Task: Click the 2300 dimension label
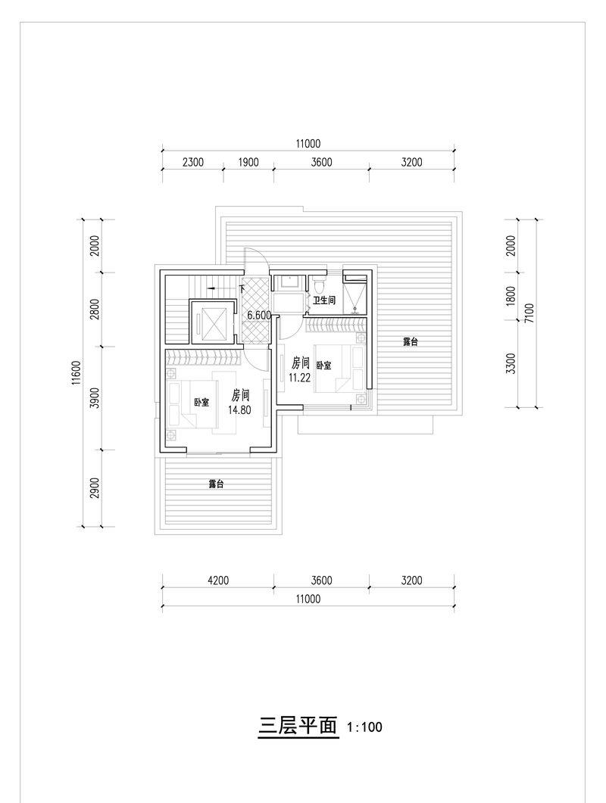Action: pyautogui.click(x=192, y=163)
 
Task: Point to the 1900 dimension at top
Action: pyautogui.click(x=248, y=163)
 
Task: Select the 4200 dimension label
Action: pyautogui.click(x=218, y=580)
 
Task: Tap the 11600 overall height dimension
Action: pyautogui.click(x=77, y=372)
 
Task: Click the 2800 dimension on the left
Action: pyautogui.click(x=94, y=310)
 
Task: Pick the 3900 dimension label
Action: pyautogui.click(x=94, y=398)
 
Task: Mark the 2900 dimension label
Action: pyautogui.click(x=94, y=488)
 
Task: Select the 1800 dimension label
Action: pyautogui.click(x=510, y=296)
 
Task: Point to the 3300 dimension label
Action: pyautogui.click(x=510, y=363)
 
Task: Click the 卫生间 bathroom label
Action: pyautogui.click(x=324, y=300)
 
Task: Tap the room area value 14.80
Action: pyautogui.click(x=240, y=409)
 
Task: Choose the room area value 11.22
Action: pyautogui.click(x=300, y=378)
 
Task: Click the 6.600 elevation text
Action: pyautogui.click(x=259, y=316)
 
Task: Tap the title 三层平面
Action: pyautogui.click(x=298, y=726)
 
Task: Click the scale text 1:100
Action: pyautogui.click(x=364, y=727)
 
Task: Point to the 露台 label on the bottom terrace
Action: pyautogui.click(x=216, y=484)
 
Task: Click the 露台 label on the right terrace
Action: pyautogui.click(x=410, y=342)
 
